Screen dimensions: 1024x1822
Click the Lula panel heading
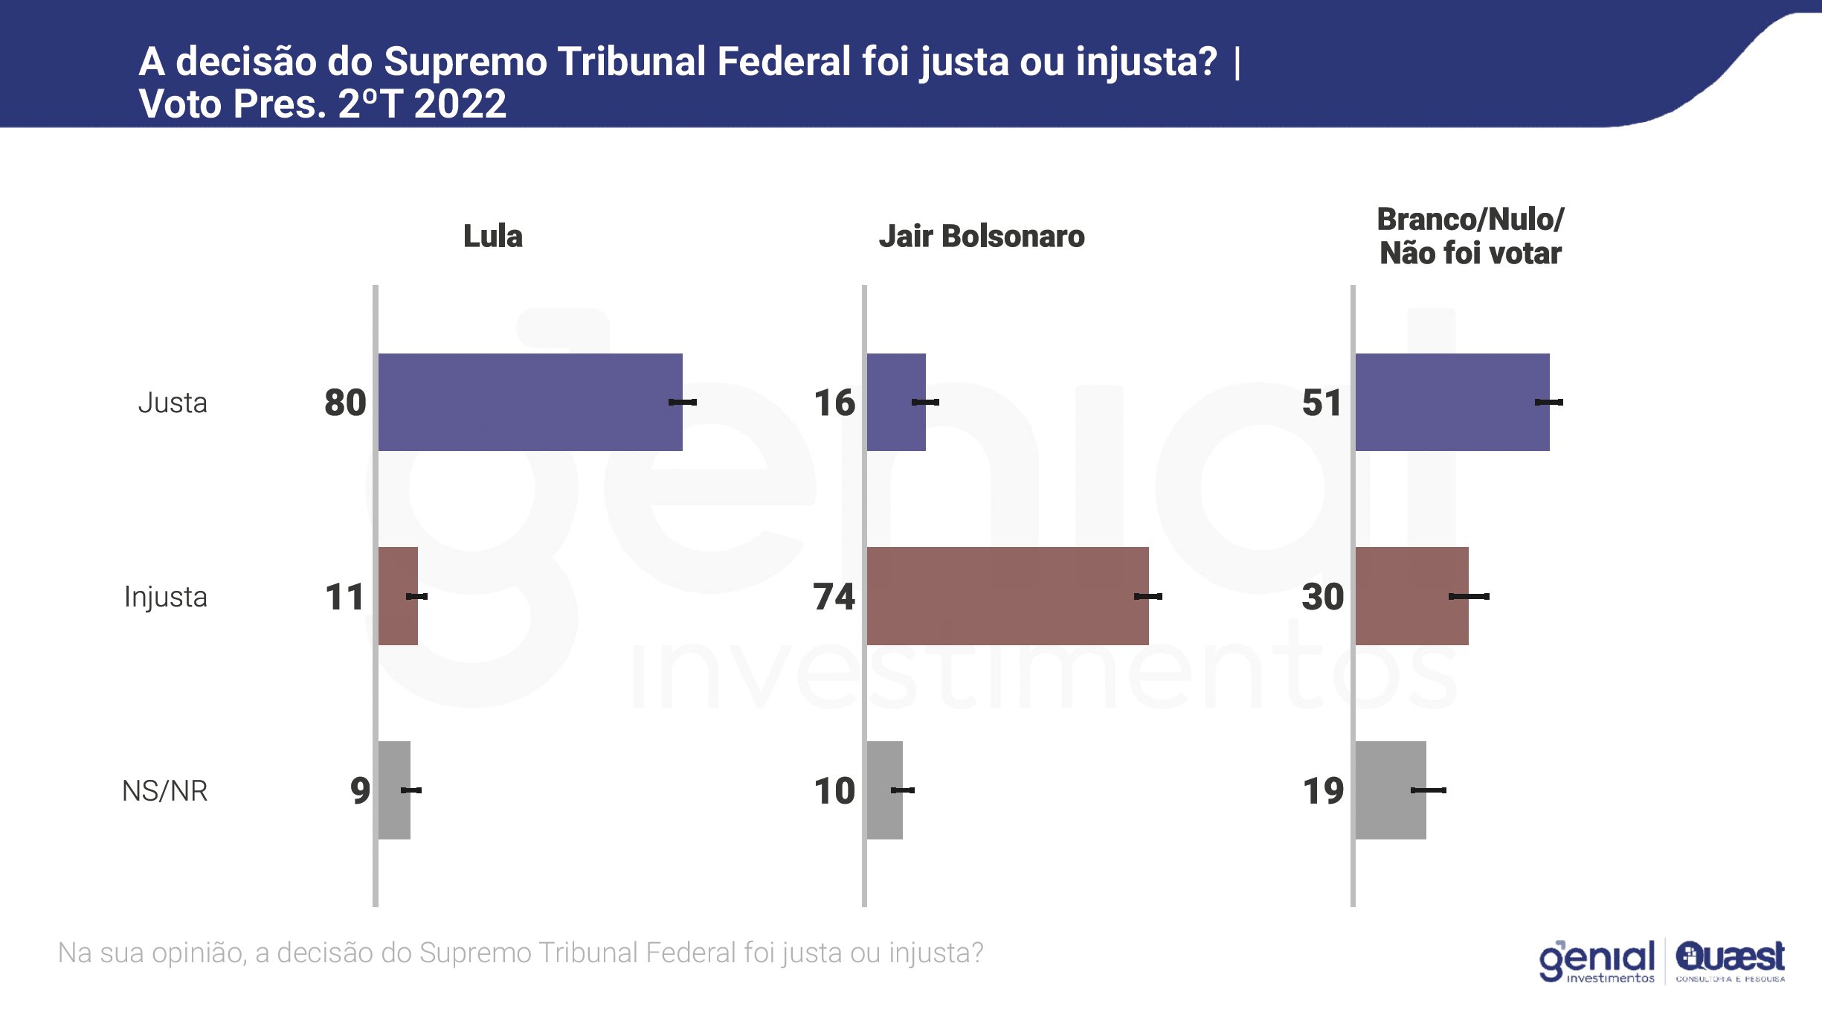point(492,236)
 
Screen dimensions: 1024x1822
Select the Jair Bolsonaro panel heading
point(981,236)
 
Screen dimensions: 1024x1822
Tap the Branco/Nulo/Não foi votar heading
point(1469,236)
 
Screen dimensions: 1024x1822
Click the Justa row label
point(173,403)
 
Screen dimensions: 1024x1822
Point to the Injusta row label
point(165,597)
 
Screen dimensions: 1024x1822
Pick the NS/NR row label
point(164,790)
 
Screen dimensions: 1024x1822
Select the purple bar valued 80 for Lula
point(529,402)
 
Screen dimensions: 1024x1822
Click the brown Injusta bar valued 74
point(1007,595)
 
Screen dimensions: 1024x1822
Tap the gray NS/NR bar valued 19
point(1390,790)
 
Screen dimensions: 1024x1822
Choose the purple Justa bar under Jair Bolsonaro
point(895,402)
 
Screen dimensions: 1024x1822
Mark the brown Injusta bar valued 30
point(1411,595)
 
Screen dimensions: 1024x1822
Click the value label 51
point(1322,403)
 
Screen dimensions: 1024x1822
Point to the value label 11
point(344,597)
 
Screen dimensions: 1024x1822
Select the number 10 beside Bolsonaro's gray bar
point(834,790)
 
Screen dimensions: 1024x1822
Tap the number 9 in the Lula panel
point(360,790)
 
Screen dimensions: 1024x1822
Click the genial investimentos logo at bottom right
point(1596,961)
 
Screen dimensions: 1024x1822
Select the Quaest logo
point(1730,961)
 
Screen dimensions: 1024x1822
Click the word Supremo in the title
point(465,61)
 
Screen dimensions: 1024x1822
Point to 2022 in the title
point(460,103)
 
